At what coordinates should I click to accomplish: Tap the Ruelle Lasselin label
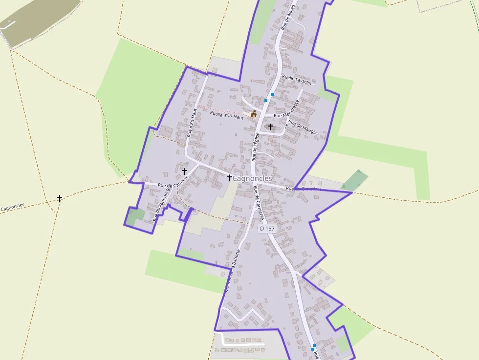297,80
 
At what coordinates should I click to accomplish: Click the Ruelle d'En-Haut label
226,115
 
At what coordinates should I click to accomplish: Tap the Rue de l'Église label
256,147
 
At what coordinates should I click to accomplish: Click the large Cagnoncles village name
252,179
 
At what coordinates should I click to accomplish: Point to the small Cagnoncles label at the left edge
13,208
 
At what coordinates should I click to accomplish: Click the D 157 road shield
267,229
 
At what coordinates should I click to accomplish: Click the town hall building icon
253,114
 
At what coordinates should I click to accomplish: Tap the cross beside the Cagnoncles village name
229,178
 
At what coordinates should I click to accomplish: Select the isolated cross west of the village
60,198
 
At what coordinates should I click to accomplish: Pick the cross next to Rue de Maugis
270,127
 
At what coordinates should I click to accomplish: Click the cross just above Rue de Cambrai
185,171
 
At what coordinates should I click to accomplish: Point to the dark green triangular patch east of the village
355,181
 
